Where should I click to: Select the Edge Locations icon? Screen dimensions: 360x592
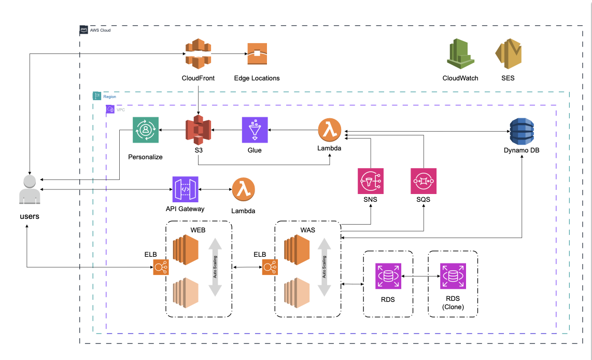(257, 54)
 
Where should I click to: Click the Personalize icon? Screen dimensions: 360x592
(146, 130)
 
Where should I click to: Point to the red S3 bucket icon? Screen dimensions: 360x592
(198, 130)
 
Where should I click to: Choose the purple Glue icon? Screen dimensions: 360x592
(255, 130)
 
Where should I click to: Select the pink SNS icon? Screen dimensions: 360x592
(371, 181)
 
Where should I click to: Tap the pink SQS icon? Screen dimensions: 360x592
(424, 181)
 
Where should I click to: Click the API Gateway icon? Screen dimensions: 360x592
(186, 189)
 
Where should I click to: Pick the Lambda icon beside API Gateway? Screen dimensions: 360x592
(244, 190)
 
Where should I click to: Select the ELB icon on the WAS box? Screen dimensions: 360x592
(269, 267)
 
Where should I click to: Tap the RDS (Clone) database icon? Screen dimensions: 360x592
(453, 276)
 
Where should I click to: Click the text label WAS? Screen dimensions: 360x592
(307, 229)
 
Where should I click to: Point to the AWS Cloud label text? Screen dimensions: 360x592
(101, 31)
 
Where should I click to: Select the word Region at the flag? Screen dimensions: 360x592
(109, 96)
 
